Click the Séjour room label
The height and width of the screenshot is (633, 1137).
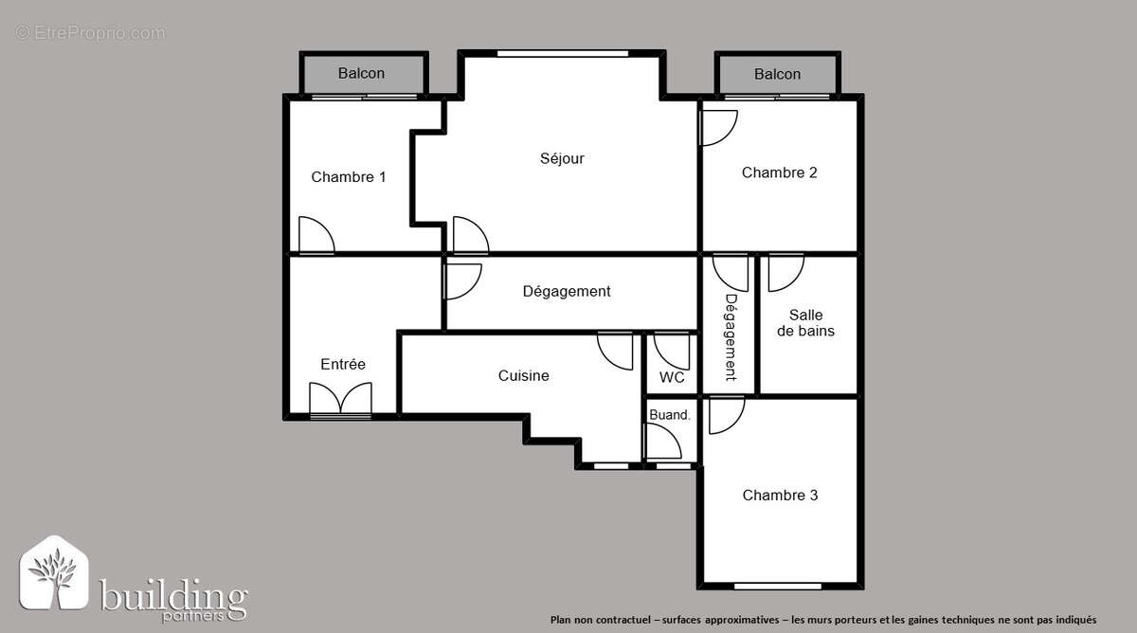[562, 159]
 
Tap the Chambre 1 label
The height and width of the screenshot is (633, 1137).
[348, 177]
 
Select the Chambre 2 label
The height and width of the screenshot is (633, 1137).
[779, 172]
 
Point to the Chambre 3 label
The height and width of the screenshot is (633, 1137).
[780, 496]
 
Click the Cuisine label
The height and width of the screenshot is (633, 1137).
[523, 376]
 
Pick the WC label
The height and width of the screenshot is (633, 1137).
[672, 378]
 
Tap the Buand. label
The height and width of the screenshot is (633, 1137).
[670, 414]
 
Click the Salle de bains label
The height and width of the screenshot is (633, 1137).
[805, 323]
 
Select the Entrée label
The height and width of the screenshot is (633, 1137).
[342, 365]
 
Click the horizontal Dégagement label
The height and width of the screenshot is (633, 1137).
[567, 292]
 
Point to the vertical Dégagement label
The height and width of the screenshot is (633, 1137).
[731, 336]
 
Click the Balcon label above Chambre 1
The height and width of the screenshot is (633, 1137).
[361, 74]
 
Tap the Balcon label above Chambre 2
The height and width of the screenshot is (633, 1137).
[777, 74]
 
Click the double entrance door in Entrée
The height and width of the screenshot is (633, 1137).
[340, 399]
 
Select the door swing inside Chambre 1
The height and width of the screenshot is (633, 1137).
[316, 236]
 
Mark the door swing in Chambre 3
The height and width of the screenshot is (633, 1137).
[725, 414]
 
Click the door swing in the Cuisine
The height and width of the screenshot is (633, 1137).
[617, 350]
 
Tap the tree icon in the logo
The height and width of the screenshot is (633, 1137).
[54, 574]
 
